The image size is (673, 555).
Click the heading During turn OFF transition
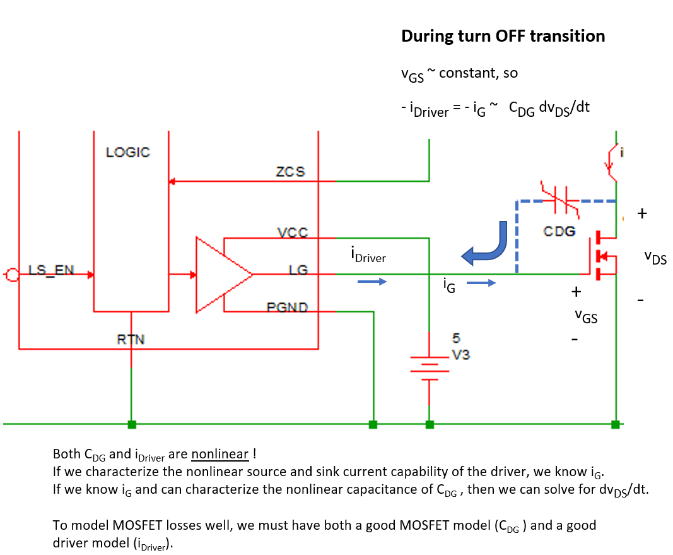tap(503, 36)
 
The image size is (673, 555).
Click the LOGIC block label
tap(127, 152)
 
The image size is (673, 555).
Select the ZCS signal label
tap(290, 172)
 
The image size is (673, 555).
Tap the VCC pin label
tap(293, 232)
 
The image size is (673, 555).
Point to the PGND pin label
tap(287, 307)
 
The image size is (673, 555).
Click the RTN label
tap(131, 339)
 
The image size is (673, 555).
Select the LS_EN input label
tap(51, 270)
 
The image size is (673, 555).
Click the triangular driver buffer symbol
tap(222, 275)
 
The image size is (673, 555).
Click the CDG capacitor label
tap(559, 231)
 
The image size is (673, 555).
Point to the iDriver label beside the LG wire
tap(368, 254)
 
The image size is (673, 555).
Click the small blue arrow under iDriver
tap(372, 282)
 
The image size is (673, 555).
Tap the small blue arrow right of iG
tap(482, 283)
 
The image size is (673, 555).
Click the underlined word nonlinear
tap(219, 454)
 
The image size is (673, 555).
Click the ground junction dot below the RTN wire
tap(131, 424)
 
